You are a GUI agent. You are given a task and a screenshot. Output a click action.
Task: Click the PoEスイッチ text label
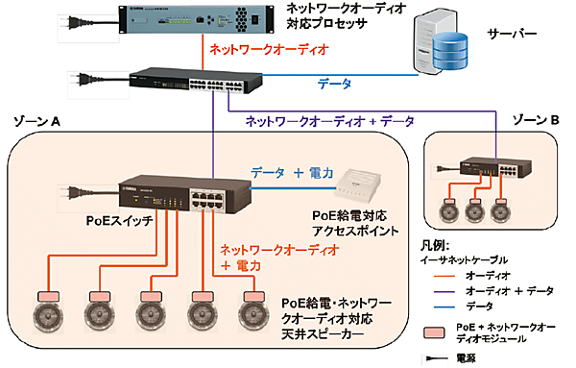tap(115, 231)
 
